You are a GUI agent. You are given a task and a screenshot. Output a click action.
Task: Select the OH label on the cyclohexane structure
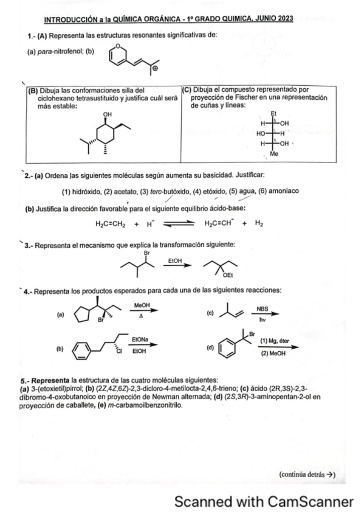[x=108, y=114]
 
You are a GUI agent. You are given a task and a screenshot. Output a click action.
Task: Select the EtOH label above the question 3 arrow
[x=175, y=260]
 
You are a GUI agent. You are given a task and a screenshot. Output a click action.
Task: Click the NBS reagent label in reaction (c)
[x=262, y=308]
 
